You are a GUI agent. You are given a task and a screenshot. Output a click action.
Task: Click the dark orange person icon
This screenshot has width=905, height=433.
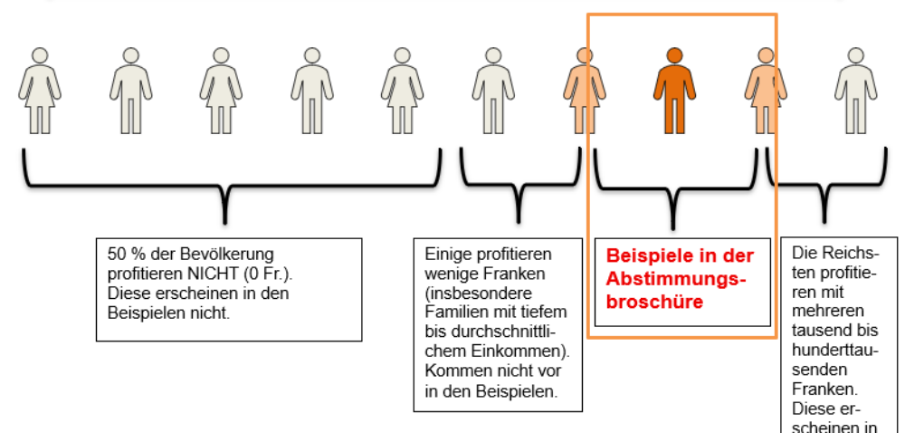click(674, 90)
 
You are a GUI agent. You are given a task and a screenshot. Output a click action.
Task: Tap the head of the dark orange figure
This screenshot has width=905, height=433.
click(674, 55)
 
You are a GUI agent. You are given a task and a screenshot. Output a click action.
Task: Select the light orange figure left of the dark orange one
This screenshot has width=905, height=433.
click(584, 90)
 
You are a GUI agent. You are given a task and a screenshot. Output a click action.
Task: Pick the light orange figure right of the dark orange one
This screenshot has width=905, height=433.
click(766, 90)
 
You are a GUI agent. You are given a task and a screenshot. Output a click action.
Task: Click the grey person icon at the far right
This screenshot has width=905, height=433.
click(855, 90)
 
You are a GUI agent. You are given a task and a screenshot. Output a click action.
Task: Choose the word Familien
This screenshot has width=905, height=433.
click(452, 311)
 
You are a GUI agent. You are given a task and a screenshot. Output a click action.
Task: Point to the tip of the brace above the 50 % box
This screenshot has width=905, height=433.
click(224, 218)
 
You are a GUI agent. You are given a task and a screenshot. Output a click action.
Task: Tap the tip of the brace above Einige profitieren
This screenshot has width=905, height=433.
click(519, 218)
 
